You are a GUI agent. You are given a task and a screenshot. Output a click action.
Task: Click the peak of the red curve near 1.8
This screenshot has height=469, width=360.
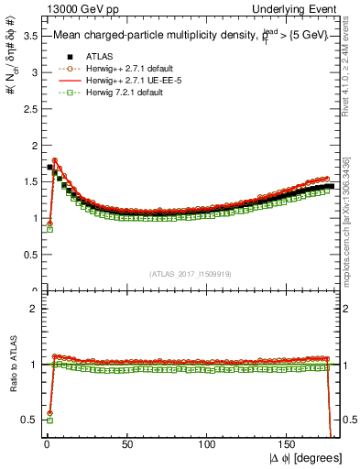pyautogui.click(x=55, y=160)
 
